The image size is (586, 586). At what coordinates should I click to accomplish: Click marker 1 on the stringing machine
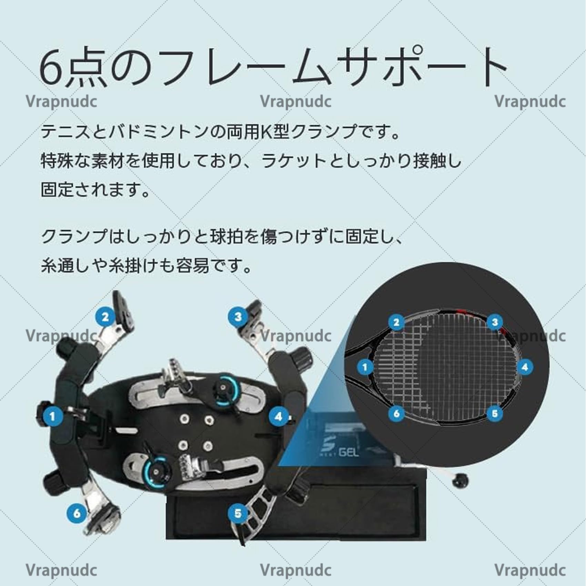point(52,416)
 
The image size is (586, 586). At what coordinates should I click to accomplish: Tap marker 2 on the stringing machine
point(105,317)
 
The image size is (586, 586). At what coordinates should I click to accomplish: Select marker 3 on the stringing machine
point(238,317)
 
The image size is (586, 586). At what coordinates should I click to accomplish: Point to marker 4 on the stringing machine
point(279,416)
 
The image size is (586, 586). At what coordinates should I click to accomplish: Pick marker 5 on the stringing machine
point(238,513)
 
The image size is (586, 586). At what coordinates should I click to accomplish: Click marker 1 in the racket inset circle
point(365,367)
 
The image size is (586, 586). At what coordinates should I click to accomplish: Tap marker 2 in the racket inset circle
point(396,322)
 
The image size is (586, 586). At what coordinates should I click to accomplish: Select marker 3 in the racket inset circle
point(495,322)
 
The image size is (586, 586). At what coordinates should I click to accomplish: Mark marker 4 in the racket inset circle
point(525,367)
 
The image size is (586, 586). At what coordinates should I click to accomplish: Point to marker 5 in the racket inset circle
point(495,413)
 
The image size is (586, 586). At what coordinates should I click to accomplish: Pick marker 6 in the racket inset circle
point(396,413)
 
